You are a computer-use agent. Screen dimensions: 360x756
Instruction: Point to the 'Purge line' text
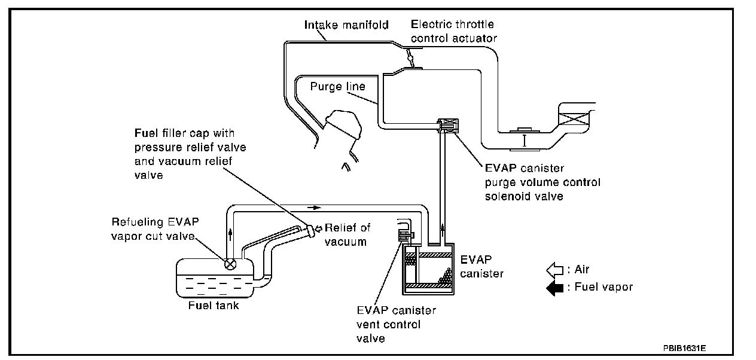pyautogui.click(x=338, y=87)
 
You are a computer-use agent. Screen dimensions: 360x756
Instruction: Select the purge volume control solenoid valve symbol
pyautogui.click(x=447, y=125)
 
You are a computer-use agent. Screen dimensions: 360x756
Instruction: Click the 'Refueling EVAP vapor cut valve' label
pyautogui.click(x=155, y=228)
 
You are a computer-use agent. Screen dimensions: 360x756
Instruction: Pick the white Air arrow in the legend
pyautogui.click(x=554, y=270)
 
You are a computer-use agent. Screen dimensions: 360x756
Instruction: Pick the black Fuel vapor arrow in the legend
pyautogui.click(x=554, y=287)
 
